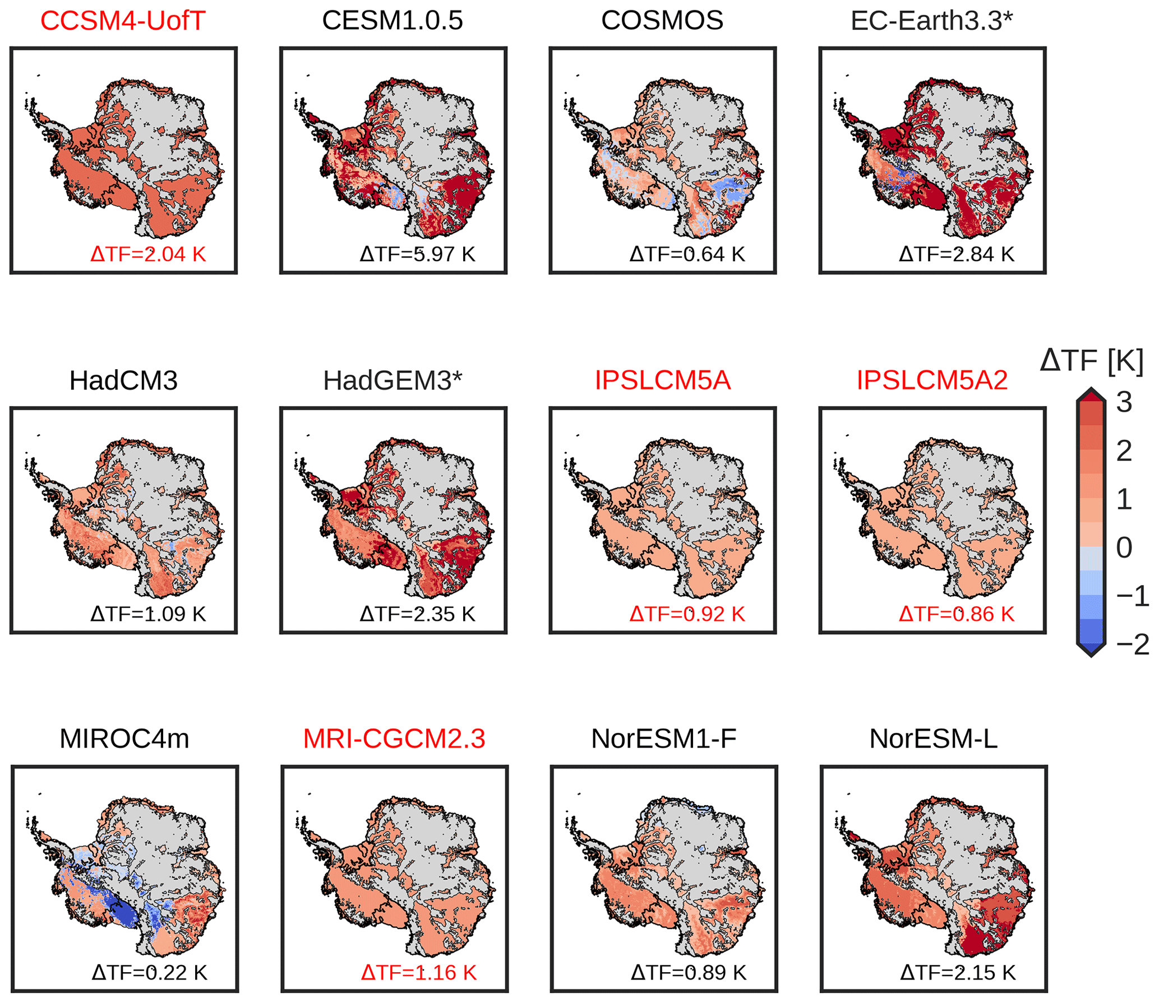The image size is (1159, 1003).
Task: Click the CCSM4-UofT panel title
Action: coord(123,21)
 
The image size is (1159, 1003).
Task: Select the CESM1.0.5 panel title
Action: coord(393,21)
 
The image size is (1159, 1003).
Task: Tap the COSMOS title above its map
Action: coord(662,21)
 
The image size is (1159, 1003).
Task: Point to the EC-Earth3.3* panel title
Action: coord(932,21)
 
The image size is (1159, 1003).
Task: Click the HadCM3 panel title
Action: coord(123,380)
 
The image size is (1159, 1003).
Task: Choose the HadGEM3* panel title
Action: coord(393,380)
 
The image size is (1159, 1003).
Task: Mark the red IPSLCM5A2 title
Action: coord(932,380)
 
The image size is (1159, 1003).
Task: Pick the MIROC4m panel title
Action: coord(124,739)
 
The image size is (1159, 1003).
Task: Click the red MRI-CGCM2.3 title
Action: coord(394,739)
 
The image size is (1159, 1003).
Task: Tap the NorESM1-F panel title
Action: coord(664,739)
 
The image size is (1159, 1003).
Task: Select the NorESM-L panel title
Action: coord(934,739)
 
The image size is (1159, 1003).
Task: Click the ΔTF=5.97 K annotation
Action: coord(418,254)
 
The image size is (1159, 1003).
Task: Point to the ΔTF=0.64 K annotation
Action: coord(687,254)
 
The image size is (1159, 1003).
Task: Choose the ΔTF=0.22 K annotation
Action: coord(150,972)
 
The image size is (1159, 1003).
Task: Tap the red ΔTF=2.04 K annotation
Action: coord(149,254)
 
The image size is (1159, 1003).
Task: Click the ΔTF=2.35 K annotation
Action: coord(418,614)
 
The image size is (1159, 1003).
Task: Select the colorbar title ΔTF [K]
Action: coord(1091,360)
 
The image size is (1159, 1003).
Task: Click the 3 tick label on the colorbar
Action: coord(1124,402)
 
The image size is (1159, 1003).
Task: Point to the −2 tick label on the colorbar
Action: coord(1133,644)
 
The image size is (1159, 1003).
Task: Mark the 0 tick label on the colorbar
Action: coord(1124,547)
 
